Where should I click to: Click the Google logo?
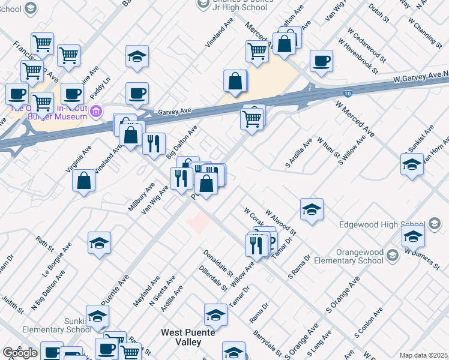(x=20, y=353)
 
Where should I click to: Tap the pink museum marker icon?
(x=100, y=112)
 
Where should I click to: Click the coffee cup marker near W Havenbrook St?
(x=322, y=61)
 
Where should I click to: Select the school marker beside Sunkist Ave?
(x=412, y=164)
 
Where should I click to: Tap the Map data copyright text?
(x=424, y=355)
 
